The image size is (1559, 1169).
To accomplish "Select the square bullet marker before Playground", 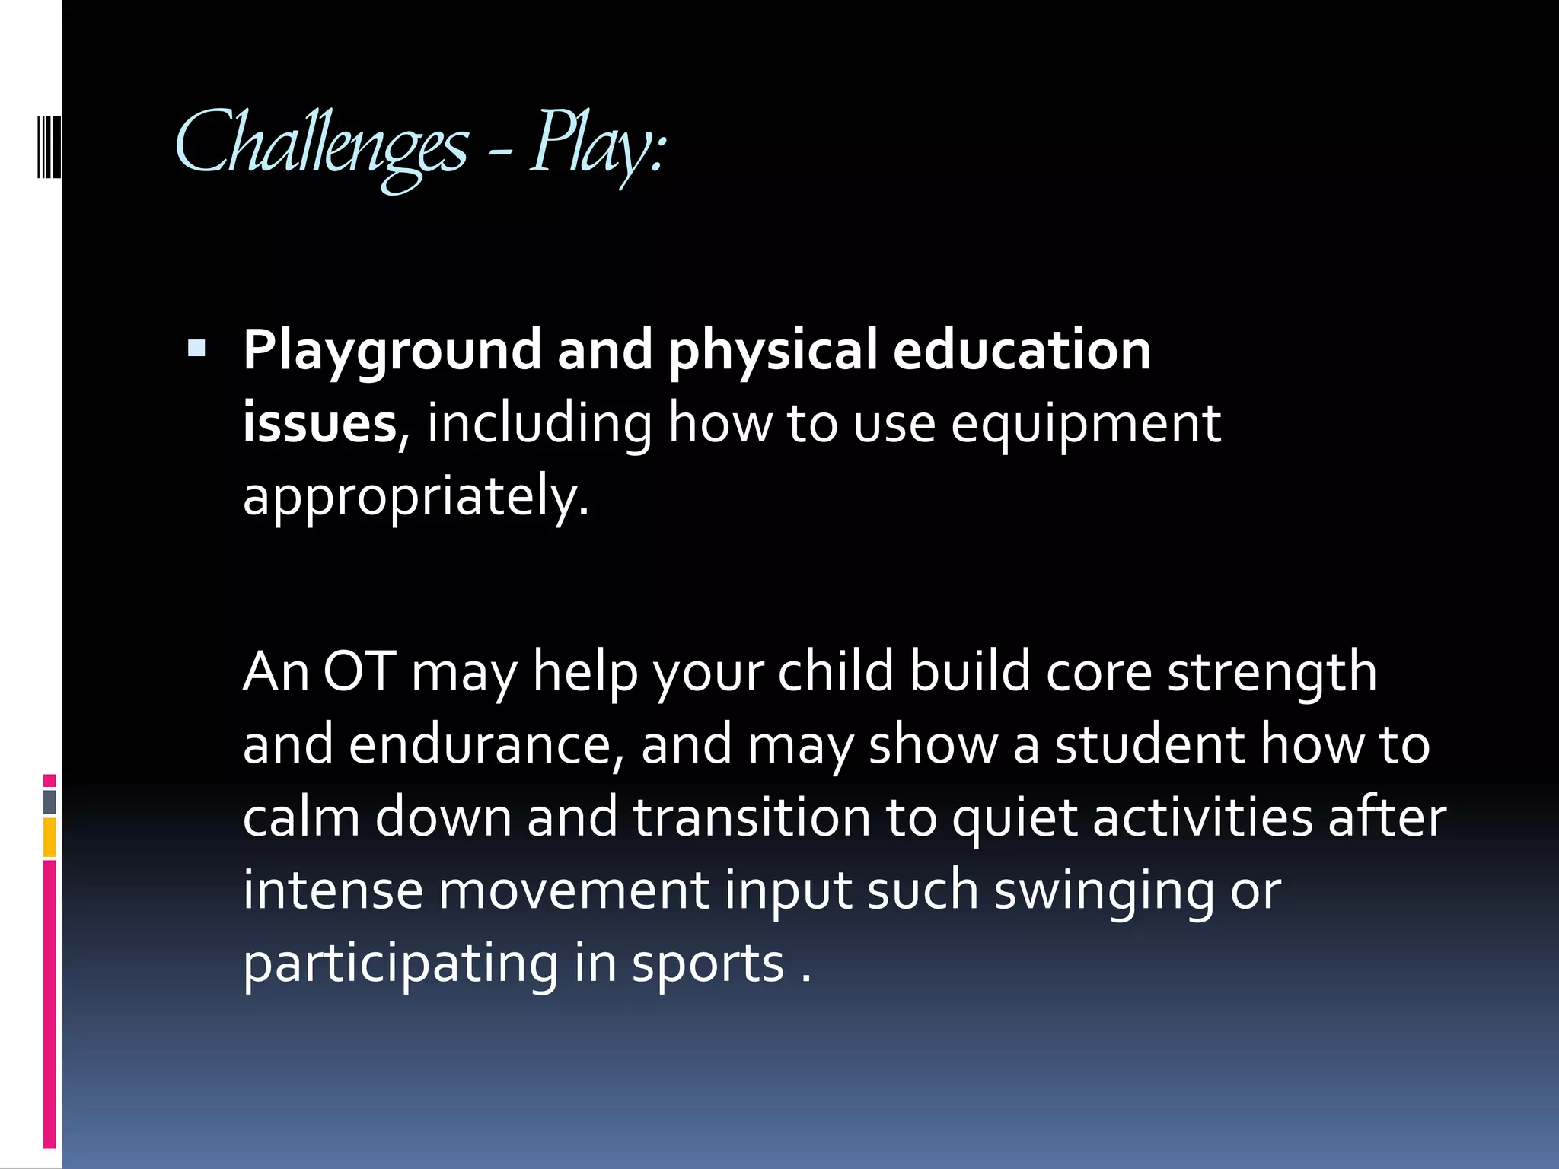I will click(196, 349).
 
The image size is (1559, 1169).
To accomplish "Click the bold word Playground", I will click(392, 352).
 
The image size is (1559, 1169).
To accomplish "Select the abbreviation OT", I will click(359, 671).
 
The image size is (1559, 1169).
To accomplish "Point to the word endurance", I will click(486, 745).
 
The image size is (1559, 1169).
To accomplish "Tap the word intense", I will click(333, 890).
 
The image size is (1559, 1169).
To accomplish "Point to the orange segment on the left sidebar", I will click(49, 837).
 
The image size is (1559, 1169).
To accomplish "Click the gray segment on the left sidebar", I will click(49, 802).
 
